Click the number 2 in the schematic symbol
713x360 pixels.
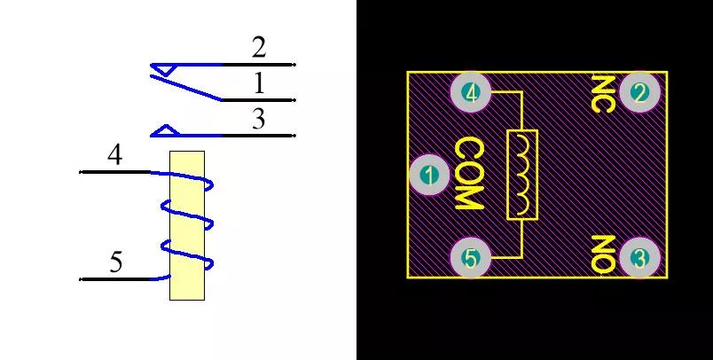click(259, 48)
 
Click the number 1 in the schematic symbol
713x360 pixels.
click(259, 83)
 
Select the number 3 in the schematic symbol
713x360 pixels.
click(258, 119)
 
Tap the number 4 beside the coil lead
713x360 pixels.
click(115, 154)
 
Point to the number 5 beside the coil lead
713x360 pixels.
click(116, 262)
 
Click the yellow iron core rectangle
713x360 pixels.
click(187, 225)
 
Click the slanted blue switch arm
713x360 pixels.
click(185, 87)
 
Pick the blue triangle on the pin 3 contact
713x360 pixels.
click(166, 130)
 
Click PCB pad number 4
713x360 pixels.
click(471, 93)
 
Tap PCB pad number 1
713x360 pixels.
click(429, 175)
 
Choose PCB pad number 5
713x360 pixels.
click(471, 258)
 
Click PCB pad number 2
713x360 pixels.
click(639, 93)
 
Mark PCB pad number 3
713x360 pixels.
click(639, 258)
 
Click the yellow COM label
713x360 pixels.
click(469, 175)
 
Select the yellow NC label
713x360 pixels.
click(603, 94)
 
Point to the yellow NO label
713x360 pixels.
click(603, 254)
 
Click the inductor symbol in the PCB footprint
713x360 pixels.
click(522, 175)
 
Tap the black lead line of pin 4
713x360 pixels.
click(114, 172)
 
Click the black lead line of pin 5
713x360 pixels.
click(114, 279)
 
